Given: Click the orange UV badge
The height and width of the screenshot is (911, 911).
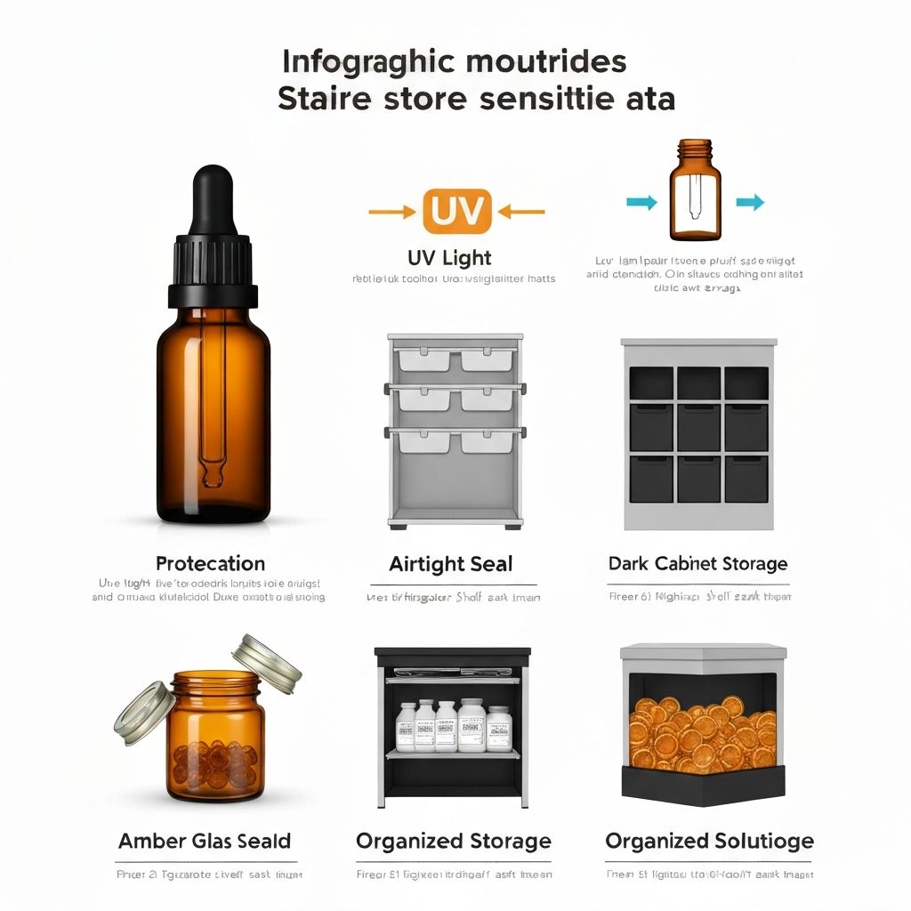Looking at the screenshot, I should pos(456,212).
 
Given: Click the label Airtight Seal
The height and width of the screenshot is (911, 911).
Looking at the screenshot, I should pos(451,564).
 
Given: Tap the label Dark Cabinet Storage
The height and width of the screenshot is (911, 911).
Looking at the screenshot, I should pos(697,564).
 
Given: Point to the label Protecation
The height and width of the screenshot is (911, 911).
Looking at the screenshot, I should pos(210,564).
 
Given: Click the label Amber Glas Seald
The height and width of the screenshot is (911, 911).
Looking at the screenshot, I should pos(205,842).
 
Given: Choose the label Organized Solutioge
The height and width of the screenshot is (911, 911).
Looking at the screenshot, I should pos(709,842).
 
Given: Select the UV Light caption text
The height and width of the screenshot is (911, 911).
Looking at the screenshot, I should pos(449,258).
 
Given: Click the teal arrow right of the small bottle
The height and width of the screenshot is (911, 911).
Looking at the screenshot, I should pos(750,203).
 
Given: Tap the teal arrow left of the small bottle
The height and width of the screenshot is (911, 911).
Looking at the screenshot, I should pos(641,203).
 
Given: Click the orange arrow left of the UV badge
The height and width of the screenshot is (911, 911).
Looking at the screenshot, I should pos(392,212).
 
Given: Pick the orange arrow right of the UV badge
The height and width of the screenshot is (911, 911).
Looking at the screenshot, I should pos(521,212).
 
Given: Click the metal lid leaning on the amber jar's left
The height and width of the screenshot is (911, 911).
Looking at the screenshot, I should pos(142,712).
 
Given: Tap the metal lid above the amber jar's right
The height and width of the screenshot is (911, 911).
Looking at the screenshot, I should pos(267,663).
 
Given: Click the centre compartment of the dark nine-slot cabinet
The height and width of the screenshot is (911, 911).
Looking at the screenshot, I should pos(698,429).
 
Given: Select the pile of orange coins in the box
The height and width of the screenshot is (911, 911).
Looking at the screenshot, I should pos(702,734).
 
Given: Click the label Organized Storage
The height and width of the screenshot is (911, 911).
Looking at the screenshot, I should pos(453,842).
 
